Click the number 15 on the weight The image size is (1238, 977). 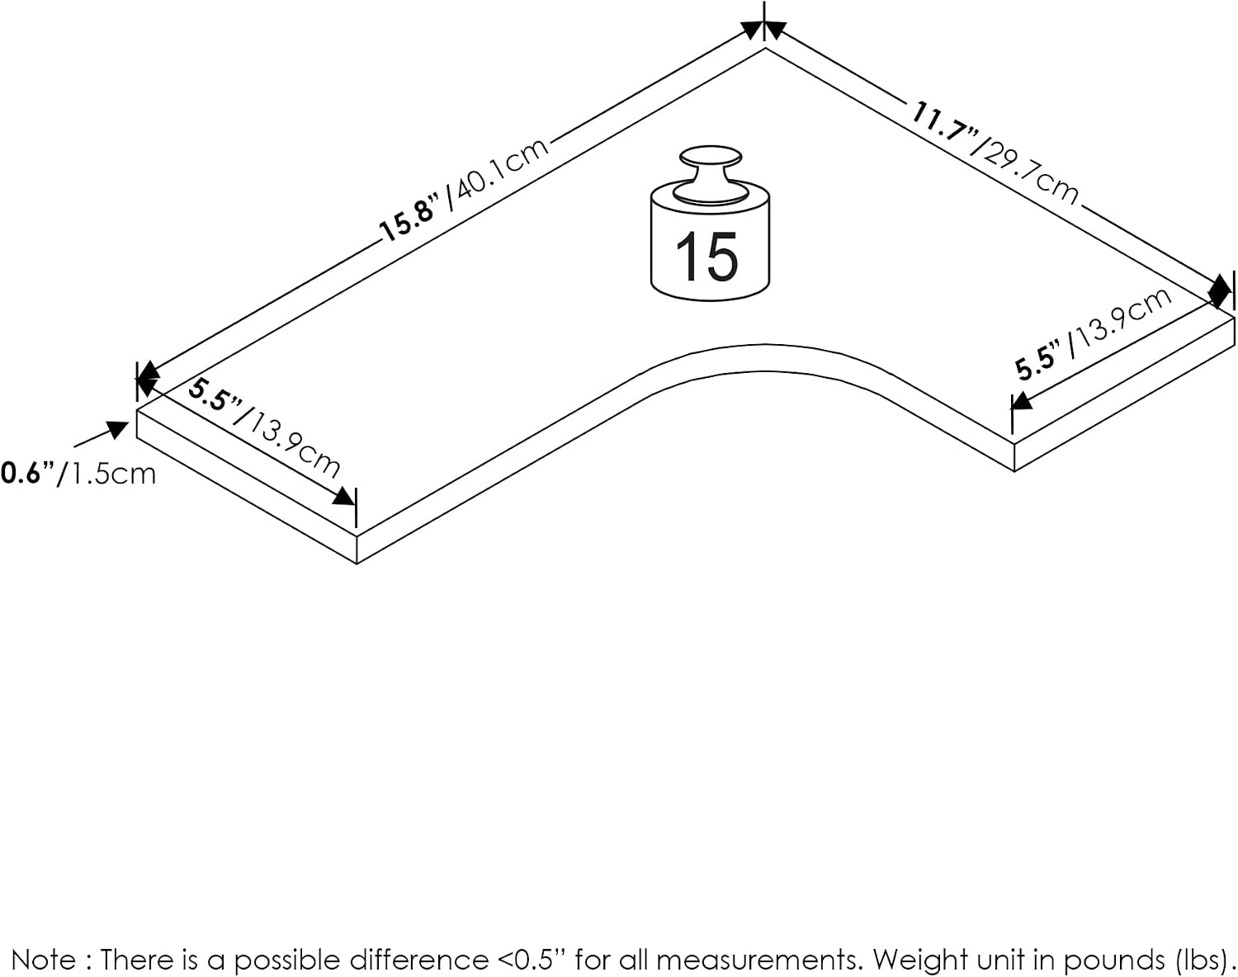pyautogui.click(x=707, y=257)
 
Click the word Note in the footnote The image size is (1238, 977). pyautogui.click(x=43, y=960)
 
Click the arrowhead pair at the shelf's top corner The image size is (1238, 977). pyautogui.click(x=764, y=30)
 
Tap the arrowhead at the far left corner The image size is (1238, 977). pyautogui.click(x=148, y=379)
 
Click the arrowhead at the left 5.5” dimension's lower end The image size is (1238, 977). pyautogui.click(x=344, y=496)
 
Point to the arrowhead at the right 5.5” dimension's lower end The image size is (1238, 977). pyautogui.click(x=1023, y=400)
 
